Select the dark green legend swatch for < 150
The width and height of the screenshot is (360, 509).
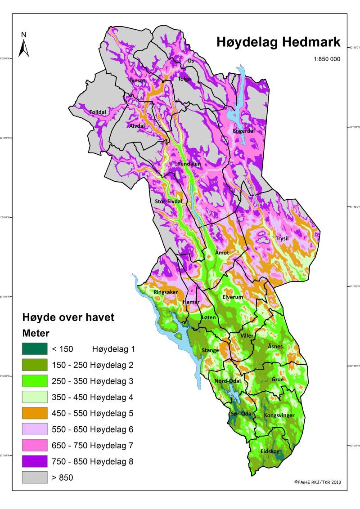click(35, 348)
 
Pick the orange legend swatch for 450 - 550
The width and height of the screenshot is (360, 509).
click(35, 413)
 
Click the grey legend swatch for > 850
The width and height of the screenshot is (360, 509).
click(35, 478)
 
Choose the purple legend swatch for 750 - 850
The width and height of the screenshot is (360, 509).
click(35, 461)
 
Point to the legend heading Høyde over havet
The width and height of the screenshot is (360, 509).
click(68, 317)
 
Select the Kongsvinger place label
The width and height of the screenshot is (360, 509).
click(279, 415)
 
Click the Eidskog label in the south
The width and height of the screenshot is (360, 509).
click(270, 451)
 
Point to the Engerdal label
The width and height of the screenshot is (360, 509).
click(244, 131)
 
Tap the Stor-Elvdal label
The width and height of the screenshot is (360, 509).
click(168, 201)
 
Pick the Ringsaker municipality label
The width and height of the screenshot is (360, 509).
click(166, 292)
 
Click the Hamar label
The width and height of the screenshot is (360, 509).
click(191, 303)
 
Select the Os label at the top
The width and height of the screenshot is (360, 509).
click(190, 61)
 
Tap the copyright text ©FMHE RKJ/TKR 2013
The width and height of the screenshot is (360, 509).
click(317, 482)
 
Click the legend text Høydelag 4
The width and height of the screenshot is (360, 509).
click(113, 397)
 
